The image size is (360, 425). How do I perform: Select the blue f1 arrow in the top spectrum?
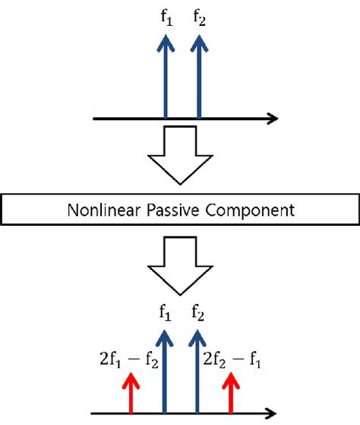click(166, 80)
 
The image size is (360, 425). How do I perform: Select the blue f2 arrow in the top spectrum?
click(199, 80)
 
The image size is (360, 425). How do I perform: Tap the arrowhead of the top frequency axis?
click(272, 119)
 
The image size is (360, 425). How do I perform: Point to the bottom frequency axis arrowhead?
click(271, 414)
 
